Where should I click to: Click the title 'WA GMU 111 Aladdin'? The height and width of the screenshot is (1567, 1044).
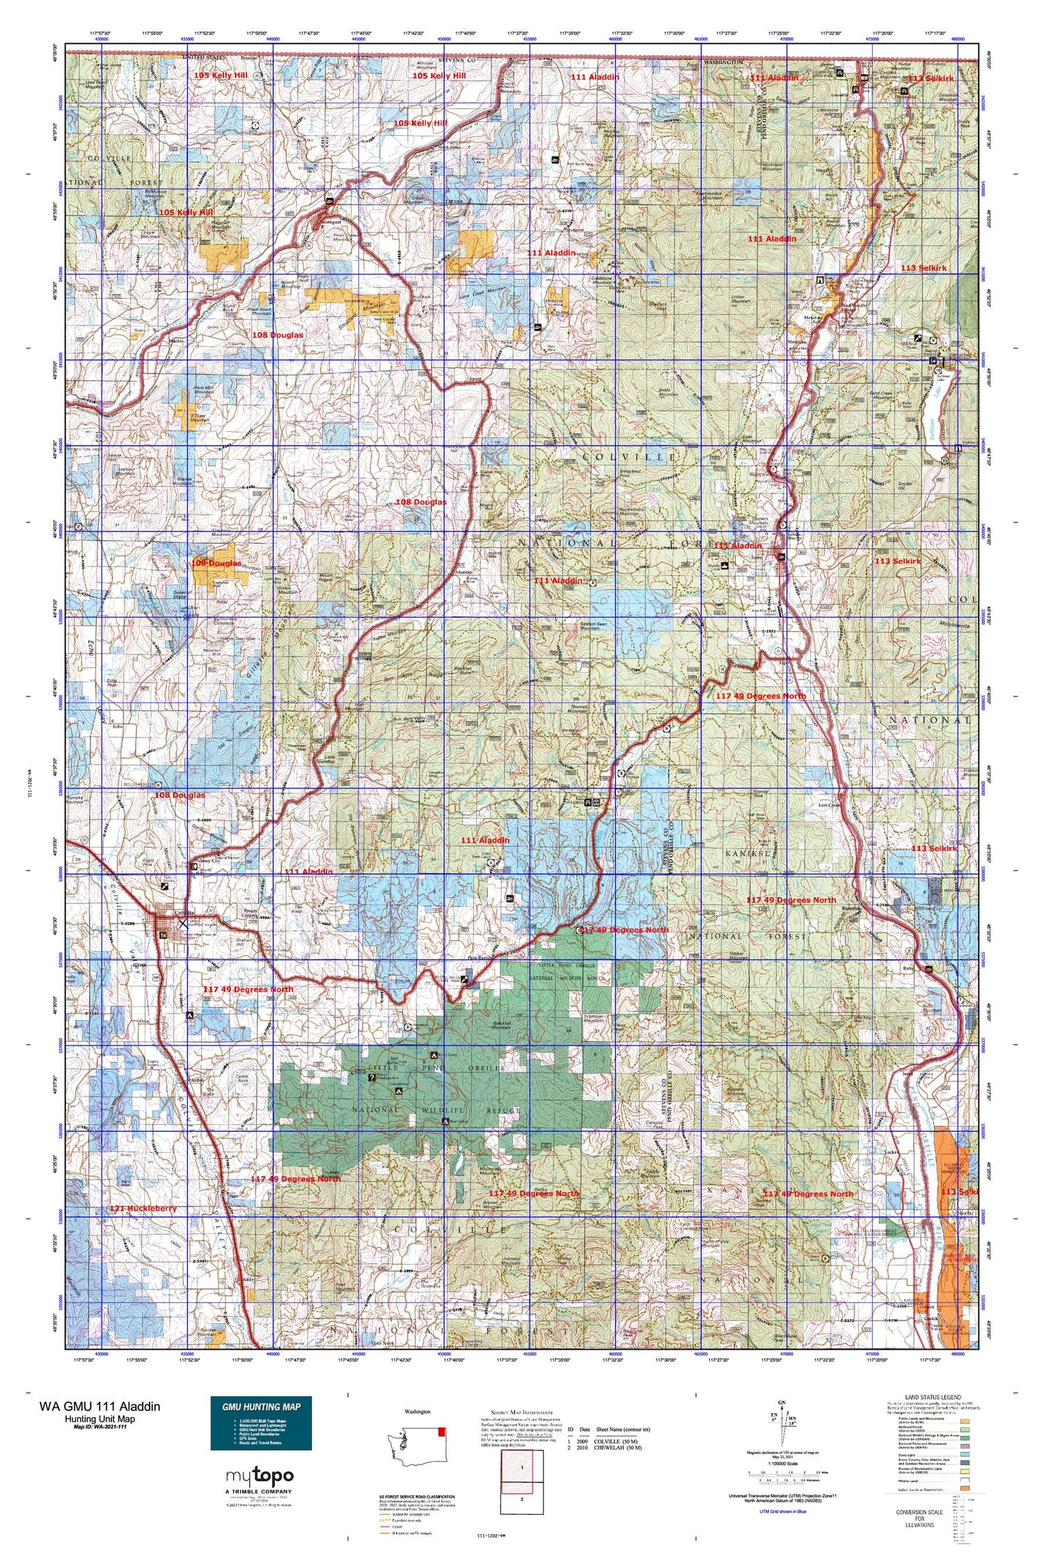[x=100, y=1406]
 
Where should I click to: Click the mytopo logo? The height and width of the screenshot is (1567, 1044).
[x=260, y=1475]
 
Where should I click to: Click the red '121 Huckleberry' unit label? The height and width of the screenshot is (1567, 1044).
[x=143, y=1208]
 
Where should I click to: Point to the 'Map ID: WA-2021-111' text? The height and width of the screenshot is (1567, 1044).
[x=100, y=1428]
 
